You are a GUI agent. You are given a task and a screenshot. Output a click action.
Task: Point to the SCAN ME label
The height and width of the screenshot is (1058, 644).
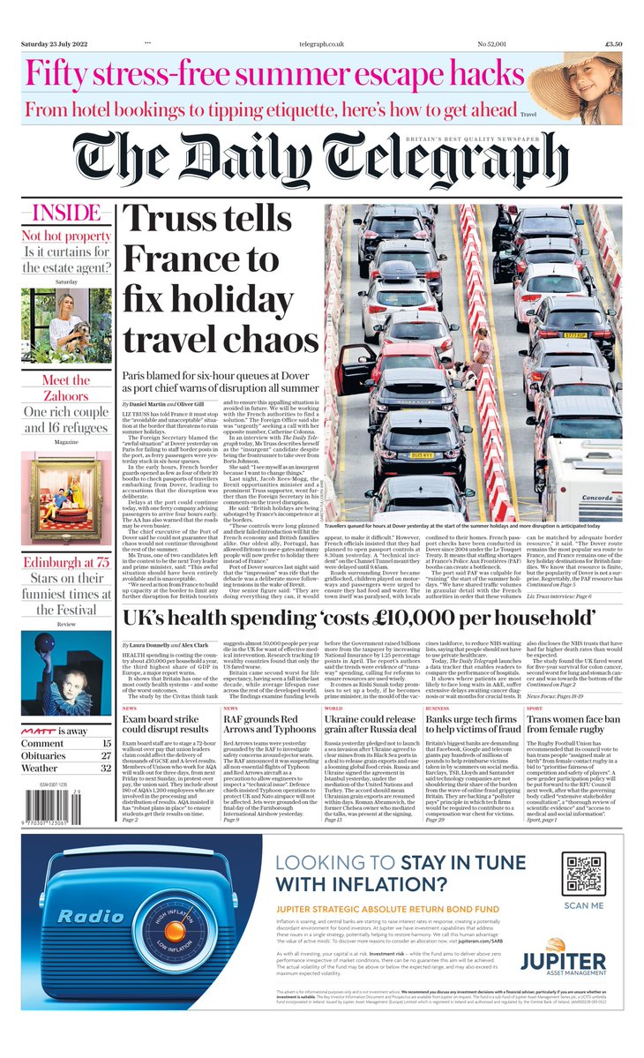[584, 905]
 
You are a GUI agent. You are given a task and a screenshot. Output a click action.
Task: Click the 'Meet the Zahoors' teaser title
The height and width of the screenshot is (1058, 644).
[67, 389]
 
